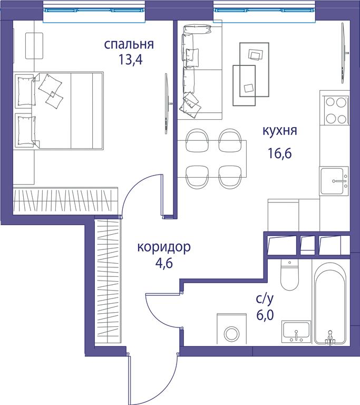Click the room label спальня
point(129,44)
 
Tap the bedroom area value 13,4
point(130,60)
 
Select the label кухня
point(280,131)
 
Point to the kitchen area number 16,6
point(280,153)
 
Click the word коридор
point(164,247)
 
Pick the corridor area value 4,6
point(164,264)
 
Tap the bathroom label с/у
point(265,299)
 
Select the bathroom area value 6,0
point(265,315)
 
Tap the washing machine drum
point(231,333)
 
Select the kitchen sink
point(334,181)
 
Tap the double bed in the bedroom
point(59,111)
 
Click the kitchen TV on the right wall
point(344,53)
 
